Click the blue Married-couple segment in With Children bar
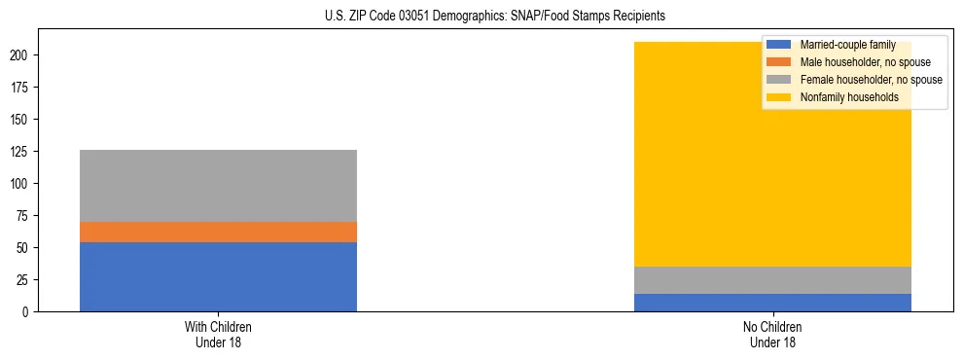[x=218, y=276]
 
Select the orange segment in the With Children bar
[x=218, y=232]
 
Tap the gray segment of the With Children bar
[x=218, y=186]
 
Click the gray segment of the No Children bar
[x=772, y=280]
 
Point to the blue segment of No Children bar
[x=772, y=303]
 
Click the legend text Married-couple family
[x=847, y=45]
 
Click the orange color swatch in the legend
[x=779, y=62]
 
